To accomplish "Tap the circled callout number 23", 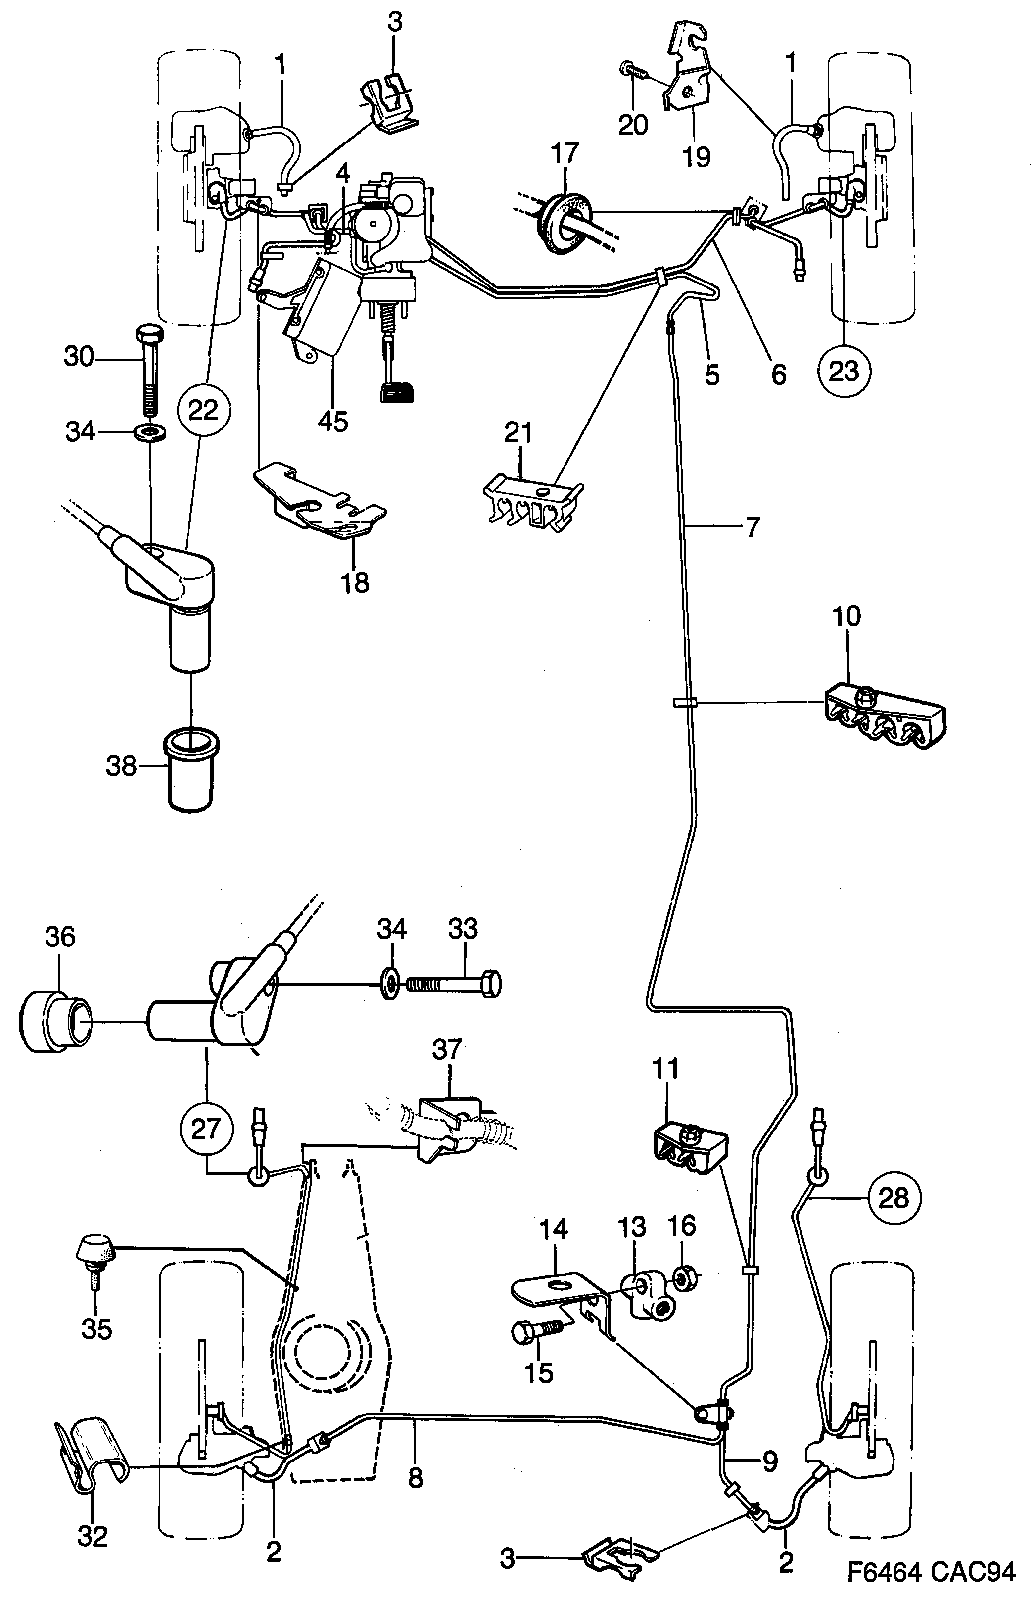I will [844, 370].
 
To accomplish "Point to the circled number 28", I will [893, 1197].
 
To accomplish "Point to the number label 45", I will [332, 422].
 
